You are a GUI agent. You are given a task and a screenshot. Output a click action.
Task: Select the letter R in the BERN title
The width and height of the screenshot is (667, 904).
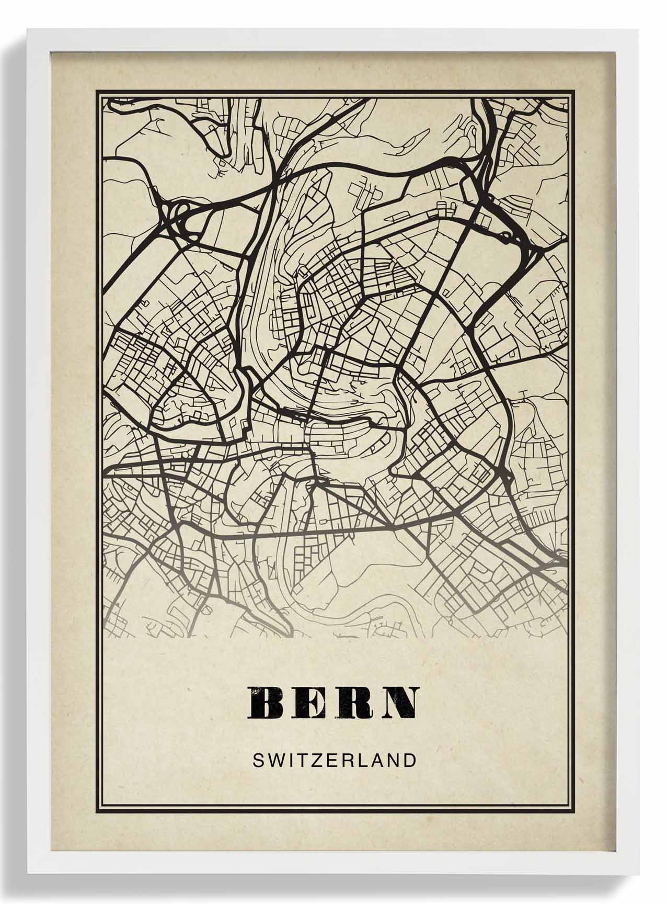[357, 703]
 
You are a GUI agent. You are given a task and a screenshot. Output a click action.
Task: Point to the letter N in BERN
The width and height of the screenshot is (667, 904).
[401, 703]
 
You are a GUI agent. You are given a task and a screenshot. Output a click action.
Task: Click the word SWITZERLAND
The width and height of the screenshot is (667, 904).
[334, 760]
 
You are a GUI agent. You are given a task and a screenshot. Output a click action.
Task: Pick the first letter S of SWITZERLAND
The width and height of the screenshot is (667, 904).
[258, 760]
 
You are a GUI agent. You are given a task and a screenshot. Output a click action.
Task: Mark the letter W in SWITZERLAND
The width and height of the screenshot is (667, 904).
[273, 760]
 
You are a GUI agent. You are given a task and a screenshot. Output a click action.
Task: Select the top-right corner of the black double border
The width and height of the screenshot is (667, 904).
[575, 91]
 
